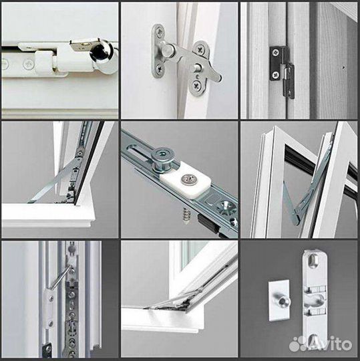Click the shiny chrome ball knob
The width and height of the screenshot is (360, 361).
pos(102,54)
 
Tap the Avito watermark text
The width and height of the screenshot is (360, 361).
pos(321,344)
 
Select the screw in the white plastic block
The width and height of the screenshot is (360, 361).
pos(188,179)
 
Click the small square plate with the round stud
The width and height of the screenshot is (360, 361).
pos(279,300)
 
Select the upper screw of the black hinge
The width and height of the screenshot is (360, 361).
pos(275,53)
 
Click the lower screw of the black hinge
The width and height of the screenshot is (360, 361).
pos(275,75)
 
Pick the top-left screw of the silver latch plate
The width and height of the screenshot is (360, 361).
pos(159,31)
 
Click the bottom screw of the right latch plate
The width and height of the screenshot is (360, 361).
pos(196,86)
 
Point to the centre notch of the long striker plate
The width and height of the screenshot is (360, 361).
pos(315,300)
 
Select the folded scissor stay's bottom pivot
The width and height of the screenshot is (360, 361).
pos(296,221)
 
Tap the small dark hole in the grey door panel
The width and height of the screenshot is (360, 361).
pos(343,68)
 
